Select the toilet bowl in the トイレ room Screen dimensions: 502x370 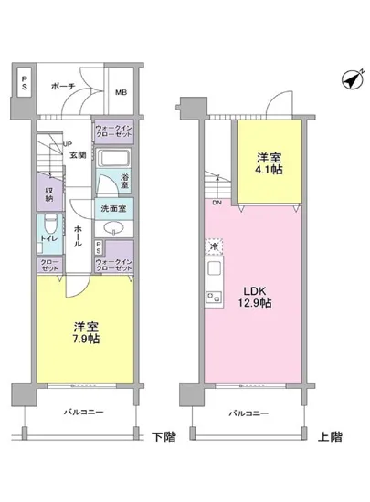49,227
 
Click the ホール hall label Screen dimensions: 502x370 79,235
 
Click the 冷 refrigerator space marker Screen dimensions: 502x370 213,246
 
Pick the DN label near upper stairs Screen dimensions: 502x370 217,203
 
